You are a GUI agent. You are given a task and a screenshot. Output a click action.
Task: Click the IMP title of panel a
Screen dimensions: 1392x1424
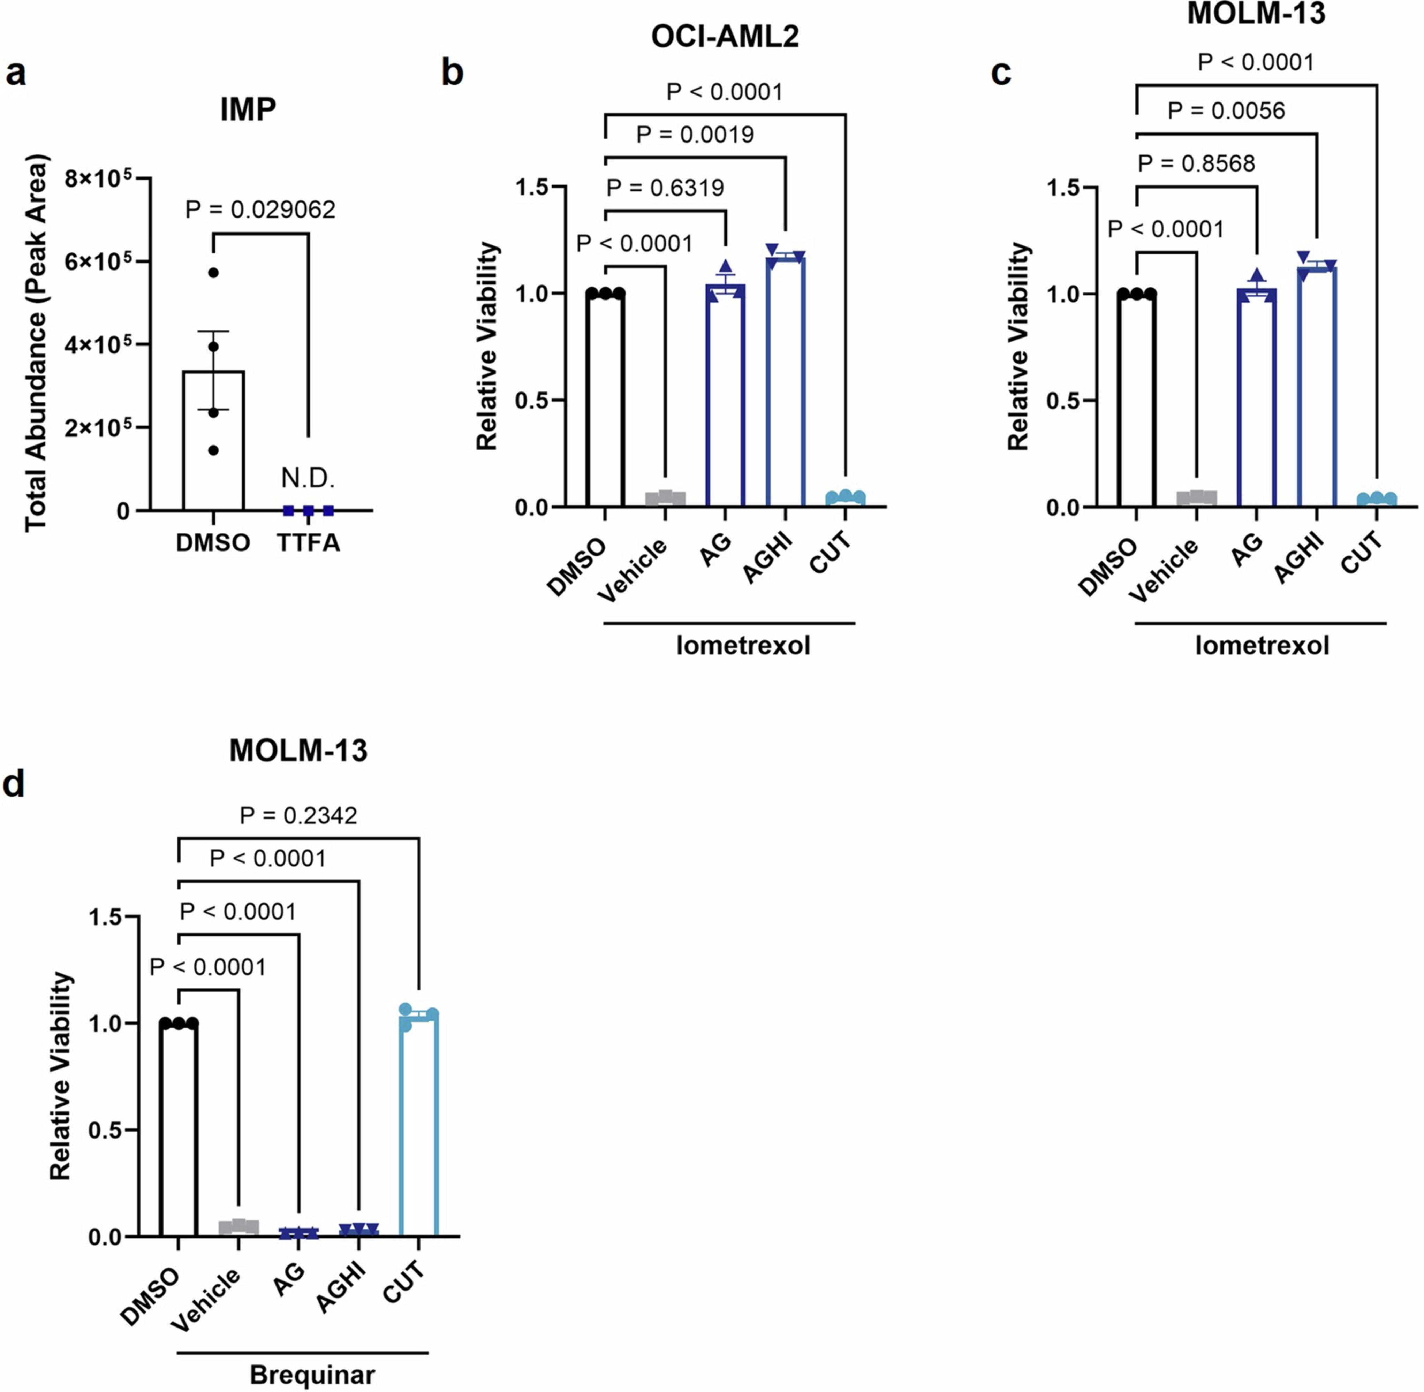pos(248,110)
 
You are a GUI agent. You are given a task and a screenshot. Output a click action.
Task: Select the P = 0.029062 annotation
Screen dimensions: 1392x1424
pos(260,210)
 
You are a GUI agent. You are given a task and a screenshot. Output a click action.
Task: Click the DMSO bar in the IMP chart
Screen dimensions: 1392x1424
pos(213,439)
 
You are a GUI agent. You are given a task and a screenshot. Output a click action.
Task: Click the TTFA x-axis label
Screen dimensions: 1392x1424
pos(308,543)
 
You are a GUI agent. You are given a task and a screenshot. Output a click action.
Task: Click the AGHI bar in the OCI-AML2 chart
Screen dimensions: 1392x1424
pos(786,380)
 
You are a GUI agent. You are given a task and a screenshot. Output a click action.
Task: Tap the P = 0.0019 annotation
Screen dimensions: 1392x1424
pos(695,135)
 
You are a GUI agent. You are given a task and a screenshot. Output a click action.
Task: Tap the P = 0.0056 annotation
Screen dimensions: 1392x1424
pos(1226,111)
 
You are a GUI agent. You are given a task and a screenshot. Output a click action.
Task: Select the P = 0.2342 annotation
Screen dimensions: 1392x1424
pos(298,815)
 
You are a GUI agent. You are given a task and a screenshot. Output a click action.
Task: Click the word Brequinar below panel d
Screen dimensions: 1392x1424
pos(312,1375)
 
